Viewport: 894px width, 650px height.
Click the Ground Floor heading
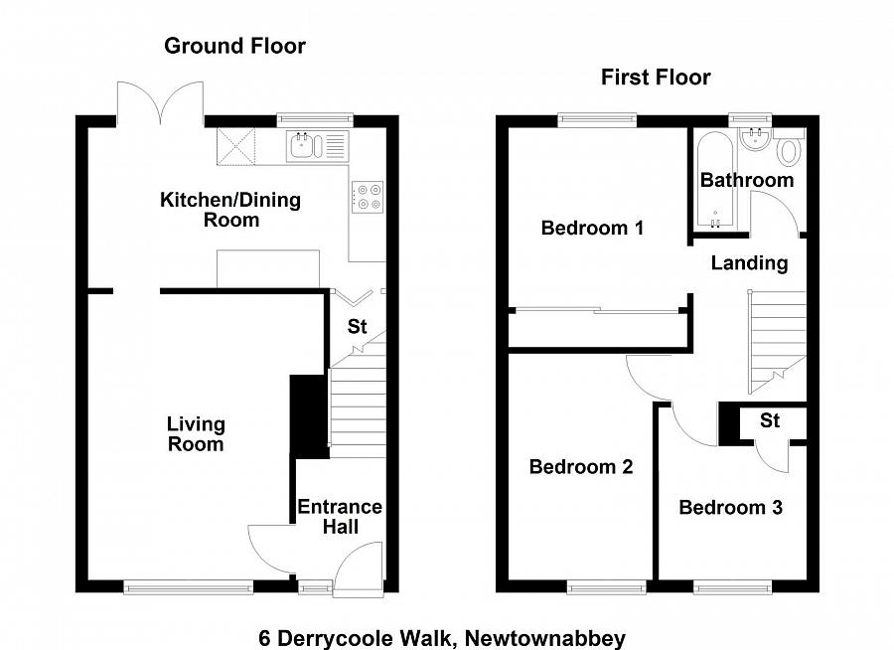234,46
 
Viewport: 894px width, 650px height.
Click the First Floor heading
656,78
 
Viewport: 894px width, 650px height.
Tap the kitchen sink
302,147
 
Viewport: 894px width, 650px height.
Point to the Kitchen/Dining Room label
230,210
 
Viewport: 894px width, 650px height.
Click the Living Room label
196,433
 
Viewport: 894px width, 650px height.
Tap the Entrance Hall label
340,517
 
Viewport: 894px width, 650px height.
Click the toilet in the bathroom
790,151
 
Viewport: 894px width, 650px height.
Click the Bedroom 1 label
592,229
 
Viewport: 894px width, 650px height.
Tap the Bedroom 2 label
581,467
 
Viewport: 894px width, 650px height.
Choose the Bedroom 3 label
730,508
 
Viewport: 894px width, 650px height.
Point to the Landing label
750,263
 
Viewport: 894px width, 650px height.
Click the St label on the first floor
770,421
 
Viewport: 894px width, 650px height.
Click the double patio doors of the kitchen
161,99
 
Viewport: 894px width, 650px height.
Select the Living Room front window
189,587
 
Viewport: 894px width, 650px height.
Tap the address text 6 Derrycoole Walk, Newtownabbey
443,637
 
